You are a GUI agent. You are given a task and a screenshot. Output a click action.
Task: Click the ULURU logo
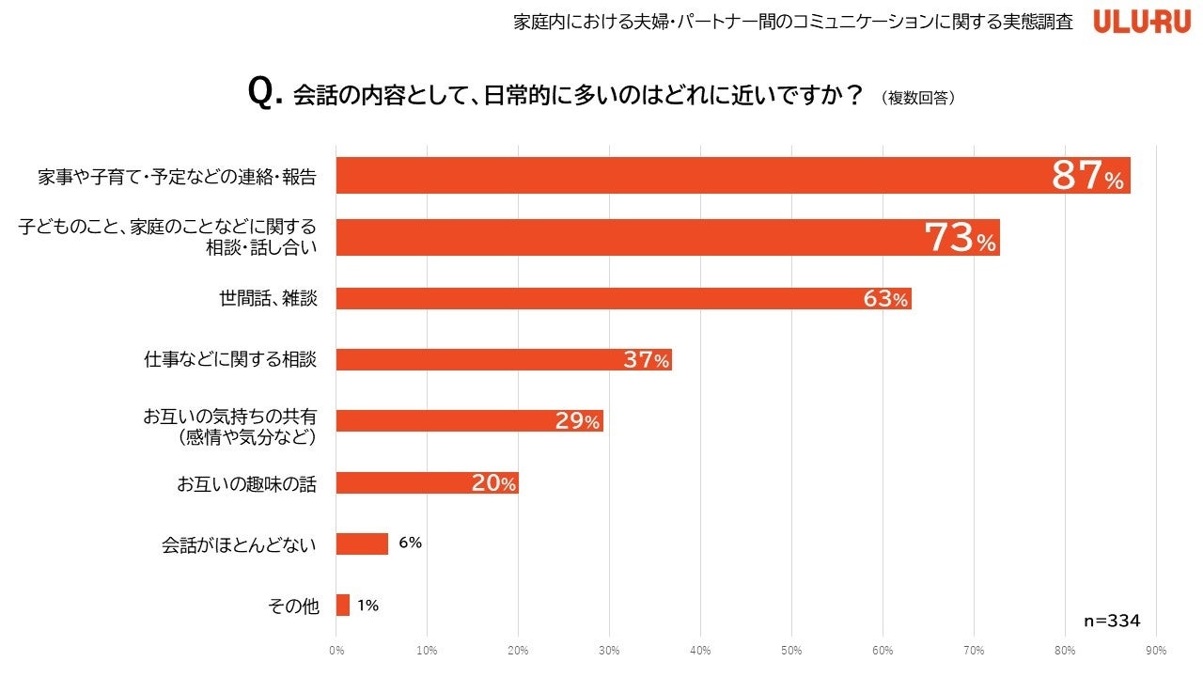click(1142, 22)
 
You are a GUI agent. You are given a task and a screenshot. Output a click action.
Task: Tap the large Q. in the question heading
click(265, 94)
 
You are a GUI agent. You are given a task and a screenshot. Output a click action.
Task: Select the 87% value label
click(1087, 176)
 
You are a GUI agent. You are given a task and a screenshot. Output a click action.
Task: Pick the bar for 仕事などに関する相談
click(504, 359)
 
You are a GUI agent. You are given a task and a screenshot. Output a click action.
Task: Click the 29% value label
click(577, 421)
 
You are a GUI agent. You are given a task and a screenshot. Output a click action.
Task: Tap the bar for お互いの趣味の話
click(427, 483)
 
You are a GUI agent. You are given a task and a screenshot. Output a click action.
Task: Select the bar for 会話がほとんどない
click(362, 543)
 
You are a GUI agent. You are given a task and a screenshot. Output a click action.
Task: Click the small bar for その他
click(343, 606)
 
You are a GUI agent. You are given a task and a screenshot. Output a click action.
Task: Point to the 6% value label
click(410, 543)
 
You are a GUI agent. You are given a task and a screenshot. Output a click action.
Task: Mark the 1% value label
click(367, 606)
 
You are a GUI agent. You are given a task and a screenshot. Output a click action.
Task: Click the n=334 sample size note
click(1112, 621)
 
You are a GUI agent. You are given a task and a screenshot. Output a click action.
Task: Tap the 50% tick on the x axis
click(791, 650)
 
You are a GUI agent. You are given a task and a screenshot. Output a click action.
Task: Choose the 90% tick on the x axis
click(1156, 650)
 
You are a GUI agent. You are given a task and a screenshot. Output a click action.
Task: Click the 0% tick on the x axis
click(336, 650)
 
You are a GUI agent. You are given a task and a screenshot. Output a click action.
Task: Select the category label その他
click(293, 606)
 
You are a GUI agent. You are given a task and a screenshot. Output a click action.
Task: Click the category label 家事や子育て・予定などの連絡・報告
click(177, 176)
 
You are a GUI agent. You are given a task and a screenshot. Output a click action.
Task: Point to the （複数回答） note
click(918, 97)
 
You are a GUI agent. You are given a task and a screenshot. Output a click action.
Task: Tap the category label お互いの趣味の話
click(246, 484)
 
